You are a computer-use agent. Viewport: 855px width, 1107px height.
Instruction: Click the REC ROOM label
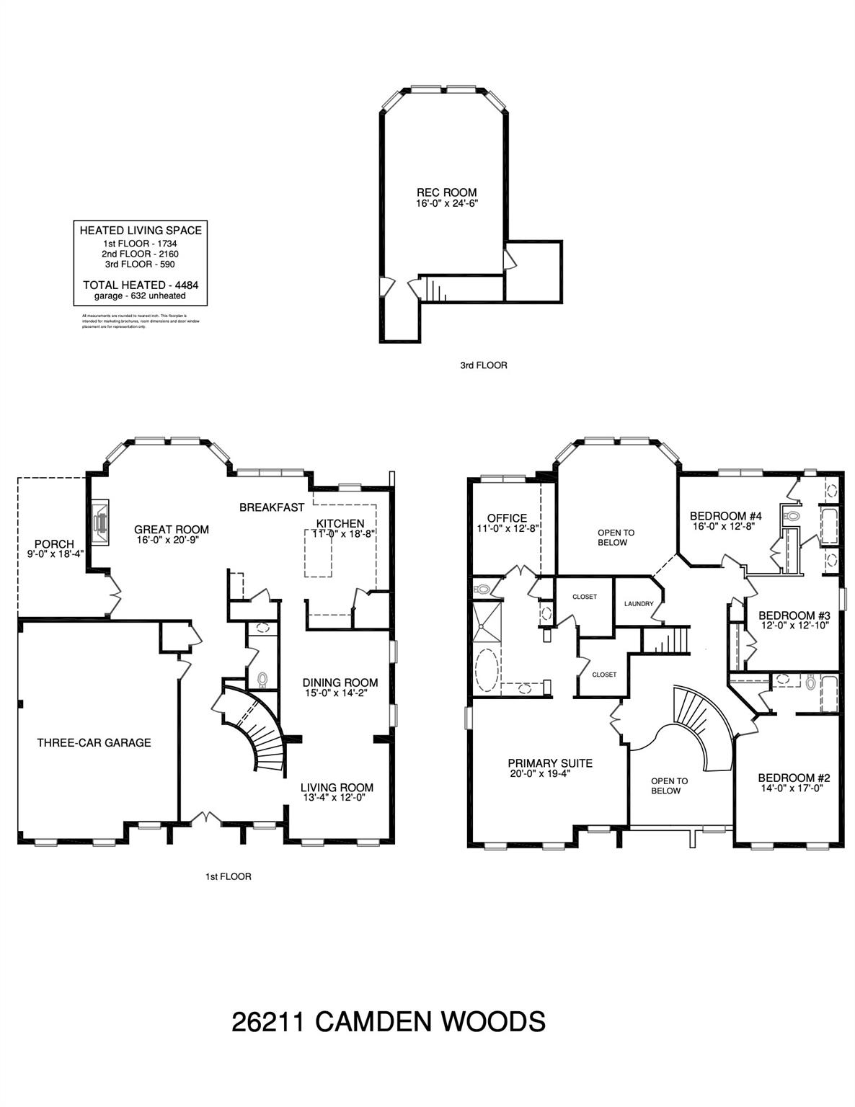click(x=446, y=192)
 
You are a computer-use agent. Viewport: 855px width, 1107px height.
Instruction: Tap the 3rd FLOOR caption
click(x=483, y=365)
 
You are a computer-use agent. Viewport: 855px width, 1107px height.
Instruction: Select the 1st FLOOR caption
click(x=228, y=877)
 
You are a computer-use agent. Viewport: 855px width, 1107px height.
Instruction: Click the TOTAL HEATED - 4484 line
click(x=140, y=285)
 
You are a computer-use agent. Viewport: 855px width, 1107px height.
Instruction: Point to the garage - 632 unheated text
click(x=140, y=295)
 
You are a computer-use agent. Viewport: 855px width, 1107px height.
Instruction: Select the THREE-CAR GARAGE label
click(x=94, y=742)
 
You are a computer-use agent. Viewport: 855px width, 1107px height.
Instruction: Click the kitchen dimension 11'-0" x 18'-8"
click(x=339, y=534)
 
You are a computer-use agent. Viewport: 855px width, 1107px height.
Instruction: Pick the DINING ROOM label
click(x=340, y=683)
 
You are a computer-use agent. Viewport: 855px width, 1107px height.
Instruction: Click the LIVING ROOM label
click(x=337, y=788)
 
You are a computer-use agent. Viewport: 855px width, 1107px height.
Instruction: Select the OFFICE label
click(x=507, y=518)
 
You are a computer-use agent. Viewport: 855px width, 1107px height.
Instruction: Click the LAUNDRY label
click(x=639, y=604)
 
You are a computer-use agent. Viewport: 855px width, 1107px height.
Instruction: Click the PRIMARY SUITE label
click(x=550, y=763)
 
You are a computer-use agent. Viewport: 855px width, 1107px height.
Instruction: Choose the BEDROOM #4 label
click(x=726, y=516)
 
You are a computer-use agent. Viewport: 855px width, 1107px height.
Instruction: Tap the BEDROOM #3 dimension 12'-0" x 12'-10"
click(x=794, y=626)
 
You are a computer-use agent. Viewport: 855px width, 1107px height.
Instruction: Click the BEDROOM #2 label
click(x=794, y=778)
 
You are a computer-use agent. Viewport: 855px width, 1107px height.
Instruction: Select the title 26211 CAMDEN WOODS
click(x=389, y=1021)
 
